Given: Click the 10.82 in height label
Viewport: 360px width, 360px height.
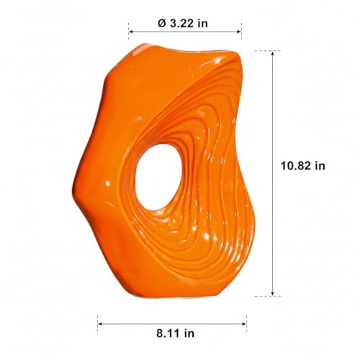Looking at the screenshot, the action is [x=303, y=166].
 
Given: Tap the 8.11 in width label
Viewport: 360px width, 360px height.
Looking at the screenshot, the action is [x=175, y=333].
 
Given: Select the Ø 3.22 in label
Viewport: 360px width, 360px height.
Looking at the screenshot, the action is [x=183, y=24].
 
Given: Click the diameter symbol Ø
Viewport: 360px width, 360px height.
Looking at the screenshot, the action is [x=162, y=24].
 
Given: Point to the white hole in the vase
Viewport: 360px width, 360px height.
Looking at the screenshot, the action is [x=158, y=177].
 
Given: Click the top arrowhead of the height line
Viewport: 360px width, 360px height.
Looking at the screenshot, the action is [x=272, y=53].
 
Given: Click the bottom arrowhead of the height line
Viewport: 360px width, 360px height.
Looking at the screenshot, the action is [x=272, y=294].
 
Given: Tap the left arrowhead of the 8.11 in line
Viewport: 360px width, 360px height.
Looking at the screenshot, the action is [x=100, y=324].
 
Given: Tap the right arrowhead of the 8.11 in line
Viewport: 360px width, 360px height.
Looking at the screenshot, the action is [x=244, y=324].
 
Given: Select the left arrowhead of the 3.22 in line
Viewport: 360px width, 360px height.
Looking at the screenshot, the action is [x=131, y=32].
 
